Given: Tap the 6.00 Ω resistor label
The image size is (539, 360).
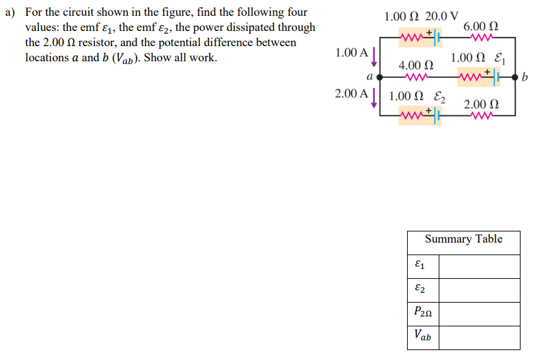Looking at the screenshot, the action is [x=481, y=27].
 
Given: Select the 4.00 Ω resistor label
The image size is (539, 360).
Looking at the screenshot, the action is [x=416, y=66].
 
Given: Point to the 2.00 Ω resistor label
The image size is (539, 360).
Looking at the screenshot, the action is [x=481, y=105].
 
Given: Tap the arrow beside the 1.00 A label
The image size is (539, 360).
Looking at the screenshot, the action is [x=374, y=57].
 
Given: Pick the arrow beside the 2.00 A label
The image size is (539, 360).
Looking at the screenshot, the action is [x=374, y=98].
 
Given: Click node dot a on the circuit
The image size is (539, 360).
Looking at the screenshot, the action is [x=379, y=77].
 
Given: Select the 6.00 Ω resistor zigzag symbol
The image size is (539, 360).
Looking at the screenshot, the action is [x=481, y=38].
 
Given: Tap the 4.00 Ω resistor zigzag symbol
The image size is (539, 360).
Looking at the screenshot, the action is [x=416, y=77].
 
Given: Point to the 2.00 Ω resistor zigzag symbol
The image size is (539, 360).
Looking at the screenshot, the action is [x=481, y=116].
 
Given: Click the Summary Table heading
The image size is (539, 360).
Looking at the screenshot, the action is [x=463, y=239].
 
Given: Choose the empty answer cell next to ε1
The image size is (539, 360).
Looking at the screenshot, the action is [x=479, y=266].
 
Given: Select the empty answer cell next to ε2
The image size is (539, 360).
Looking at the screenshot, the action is [x=479, y=290].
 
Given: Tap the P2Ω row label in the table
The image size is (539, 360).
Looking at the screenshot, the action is [x=422, y=313].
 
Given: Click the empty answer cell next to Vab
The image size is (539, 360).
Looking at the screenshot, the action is [x=479, y=337].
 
